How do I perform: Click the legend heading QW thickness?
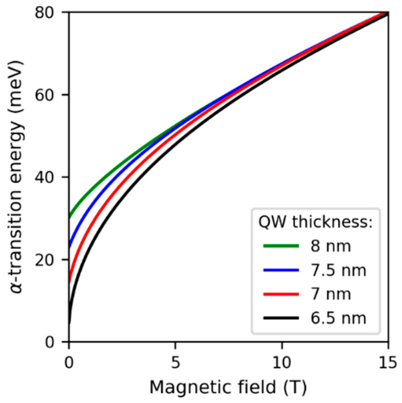[315, 222]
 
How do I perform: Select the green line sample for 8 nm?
[281, 246]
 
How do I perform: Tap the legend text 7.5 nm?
[338, 270]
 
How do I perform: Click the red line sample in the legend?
[281, 294]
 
